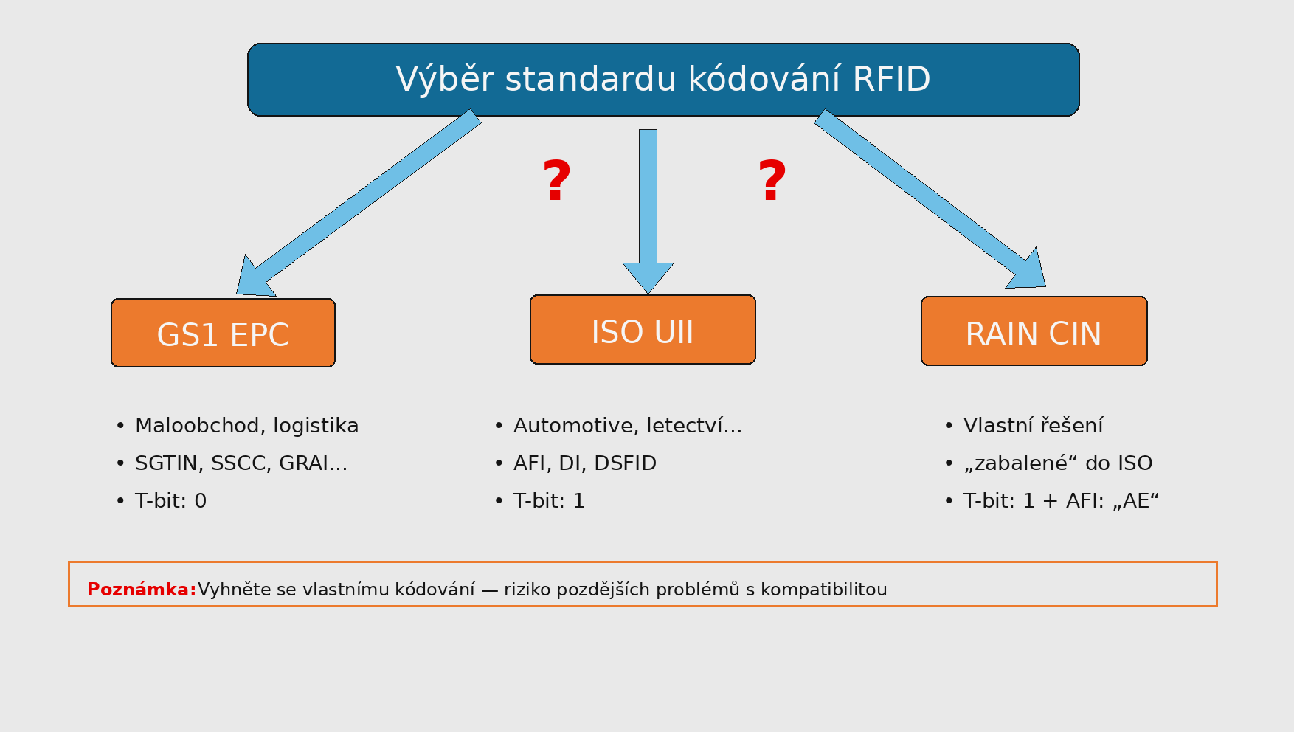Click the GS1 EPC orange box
tap(223, 334)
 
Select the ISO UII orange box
tap(643, 330)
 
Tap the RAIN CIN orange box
tap(1034, 332)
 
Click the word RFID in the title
tap(891, 80)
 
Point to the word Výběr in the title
tap(444, 80)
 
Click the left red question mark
tap(557, 182)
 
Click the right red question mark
tap(772, 182)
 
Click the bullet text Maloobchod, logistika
tap(246, 426)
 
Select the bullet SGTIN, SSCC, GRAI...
tap(241, 463)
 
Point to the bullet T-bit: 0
tap(170, 501)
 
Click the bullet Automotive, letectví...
tap(627, 426)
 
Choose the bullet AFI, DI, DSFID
tap(584, 463)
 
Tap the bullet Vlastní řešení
tap(1033, 426)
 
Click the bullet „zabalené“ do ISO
tap(1057, 463)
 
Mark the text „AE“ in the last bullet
tap(1136, 501)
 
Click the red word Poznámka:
tap(142, 590)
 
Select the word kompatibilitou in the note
tap(823, 590)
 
